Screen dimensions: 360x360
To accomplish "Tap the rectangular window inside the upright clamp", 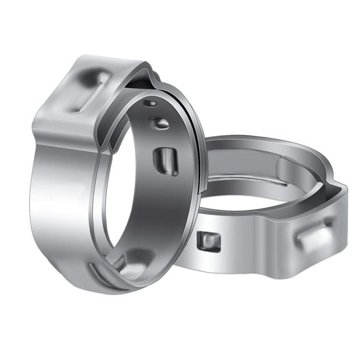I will (166, 161).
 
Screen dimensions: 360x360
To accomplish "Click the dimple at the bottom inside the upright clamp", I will (134, 262).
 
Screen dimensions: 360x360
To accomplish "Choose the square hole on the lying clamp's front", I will (209, 241).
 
